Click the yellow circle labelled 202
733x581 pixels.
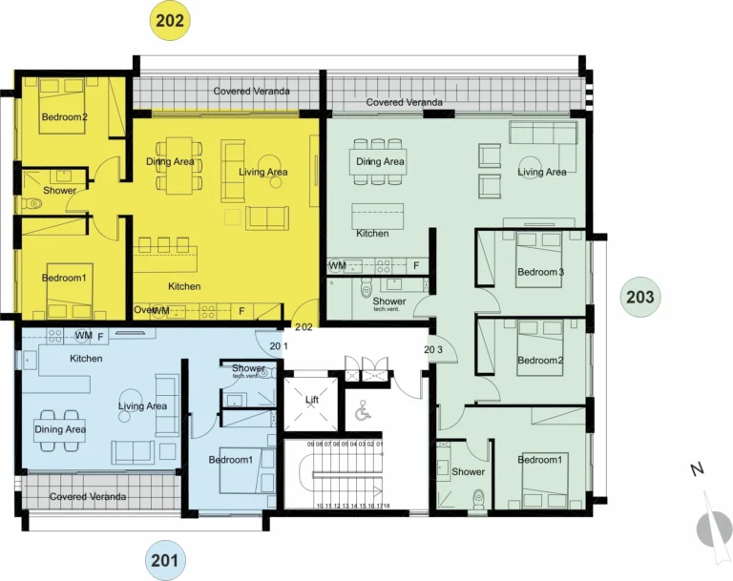[173, 19]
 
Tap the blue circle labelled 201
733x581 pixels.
[165, 561]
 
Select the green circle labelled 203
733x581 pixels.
[640, 298]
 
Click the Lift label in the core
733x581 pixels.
[311, 400]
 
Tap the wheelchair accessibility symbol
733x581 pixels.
[362, 412]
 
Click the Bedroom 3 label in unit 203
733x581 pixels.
[540, 273]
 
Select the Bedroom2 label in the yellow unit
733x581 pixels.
[64, 118]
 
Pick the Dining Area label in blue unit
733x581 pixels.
[61, 429]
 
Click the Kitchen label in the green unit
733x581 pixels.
[372, 234]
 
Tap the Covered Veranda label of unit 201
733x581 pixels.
[88, 497]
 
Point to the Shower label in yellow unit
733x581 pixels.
[58, 191]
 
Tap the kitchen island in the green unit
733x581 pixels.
[378, 214]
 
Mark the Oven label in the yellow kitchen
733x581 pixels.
[144, 310]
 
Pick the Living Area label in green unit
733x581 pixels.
[542, 173]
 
